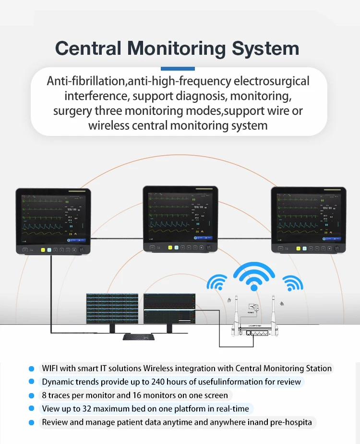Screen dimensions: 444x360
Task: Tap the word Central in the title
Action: [x=88, y=49]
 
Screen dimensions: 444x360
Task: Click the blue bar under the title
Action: [x=178, y=69]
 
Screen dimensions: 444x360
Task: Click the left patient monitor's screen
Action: [x=53, y=217]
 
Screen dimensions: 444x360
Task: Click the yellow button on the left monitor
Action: [x=43, y=250]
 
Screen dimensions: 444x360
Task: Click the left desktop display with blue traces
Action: [x=112, y=308]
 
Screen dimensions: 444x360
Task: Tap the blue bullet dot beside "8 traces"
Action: [x=32, y=395]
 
